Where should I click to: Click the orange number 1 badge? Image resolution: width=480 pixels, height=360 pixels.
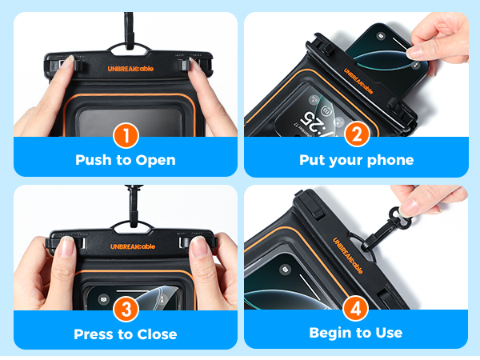pyautogui.click(x=126, y=135)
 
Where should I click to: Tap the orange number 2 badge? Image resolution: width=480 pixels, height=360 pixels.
pyautogui.click(x=357, y=134)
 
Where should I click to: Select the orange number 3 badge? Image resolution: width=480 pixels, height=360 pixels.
pyautogui.click(x=126, y=309)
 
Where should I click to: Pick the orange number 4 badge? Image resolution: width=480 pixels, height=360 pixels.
pyautogui.click(x=356, y=308)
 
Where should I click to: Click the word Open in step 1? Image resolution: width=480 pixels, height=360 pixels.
pyautogui.click(x=155, y=161)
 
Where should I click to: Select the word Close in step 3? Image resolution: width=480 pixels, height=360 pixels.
pyautogui.click(x=157, y=334)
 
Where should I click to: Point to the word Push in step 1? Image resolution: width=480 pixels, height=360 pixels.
pyautogui.click(x=94, y=160)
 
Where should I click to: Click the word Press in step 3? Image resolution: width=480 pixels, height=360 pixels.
pyautogui.click(x=94, y=334)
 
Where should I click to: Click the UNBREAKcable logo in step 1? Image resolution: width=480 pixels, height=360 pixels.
pyautogui.click(x=130, y=69)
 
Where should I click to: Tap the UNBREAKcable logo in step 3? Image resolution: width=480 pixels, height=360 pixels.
pyautogui.click(x=133, y=246)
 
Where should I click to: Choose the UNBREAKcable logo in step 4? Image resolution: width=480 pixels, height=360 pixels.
pyautogui.click(x=348, y=255)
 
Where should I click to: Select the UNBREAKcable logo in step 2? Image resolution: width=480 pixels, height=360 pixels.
pyautogui.click(x=358, y=81)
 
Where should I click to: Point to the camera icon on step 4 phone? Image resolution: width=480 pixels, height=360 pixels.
pyautogui.click(x=286, y=270)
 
